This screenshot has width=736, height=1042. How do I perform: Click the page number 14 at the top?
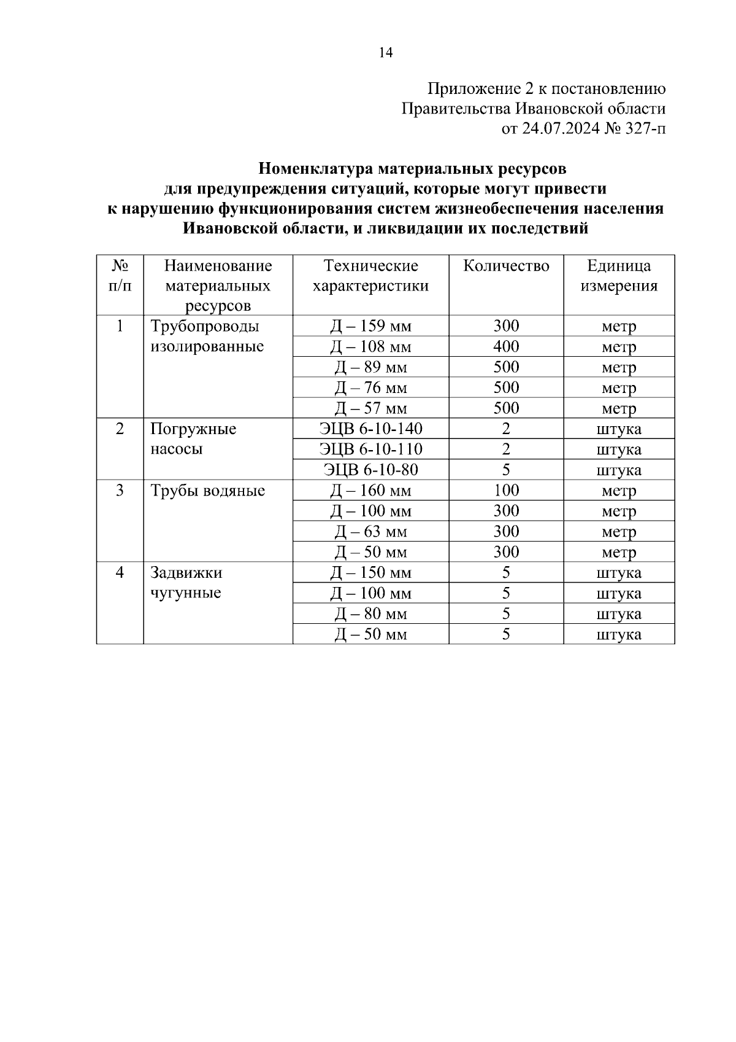click(x=385, y=53)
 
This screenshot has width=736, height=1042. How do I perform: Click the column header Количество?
click(x=506, y=266)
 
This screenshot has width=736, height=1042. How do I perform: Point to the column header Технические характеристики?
click(x=370, y=276)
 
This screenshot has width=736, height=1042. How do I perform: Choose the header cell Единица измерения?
click(x=619, y=276)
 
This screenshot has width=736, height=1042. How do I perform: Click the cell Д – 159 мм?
click(x=370, y=326)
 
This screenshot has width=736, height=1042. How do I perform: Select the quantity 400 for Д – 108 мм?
click(x=506, y=346)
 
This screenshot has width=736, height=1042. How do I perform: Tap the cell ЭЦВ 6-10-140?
click(x=370, y=429)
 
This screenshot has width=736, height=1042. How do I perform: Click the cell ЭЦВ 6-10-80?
click(x=370, y=470)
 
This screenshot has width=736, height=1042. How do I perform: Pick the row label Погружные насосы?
click(x=193, y=438)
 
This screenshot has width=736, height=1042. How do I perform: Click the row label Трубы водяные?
click(x=207, y=491)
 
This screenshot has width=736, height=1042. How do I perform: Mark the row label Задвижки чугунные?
click(x=186, y=583)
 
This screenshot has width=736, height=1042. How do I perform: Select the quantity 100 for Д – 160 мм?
click(x=506, y=491)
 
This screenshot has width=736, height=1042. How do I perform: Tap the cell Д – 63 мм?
click(x=370, y=532)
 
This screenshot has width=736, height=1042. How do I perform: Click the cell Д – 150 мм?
click(x=370, y=573)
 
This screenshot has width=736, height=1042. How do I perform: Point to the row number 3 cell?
click(x=120, y=491)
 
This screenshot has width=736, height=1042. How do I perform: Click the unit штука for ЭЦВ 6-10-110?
click(x=619, y=449)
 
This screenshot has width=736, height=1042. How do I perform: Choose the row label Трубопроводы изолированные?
click(x=207, y=336)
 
